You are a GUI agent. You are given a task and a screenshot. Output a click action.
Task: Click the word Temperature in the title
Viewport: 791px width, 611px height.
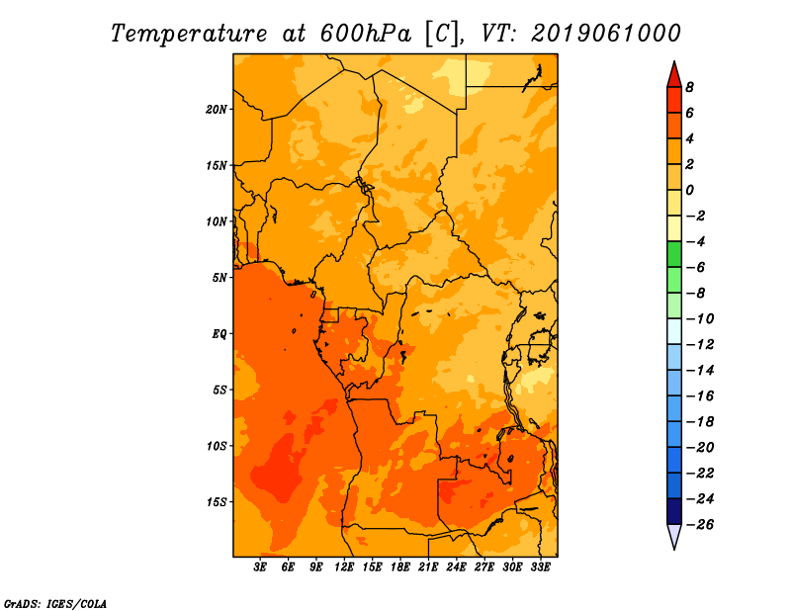point(189,34)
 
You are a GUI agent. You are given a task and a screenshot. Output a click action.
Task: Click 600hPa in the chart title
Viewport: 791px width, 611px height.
point(365,34)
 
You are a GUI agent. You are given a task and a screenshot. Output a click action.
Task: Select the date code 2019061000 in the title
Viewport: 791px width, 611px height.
point(606,34)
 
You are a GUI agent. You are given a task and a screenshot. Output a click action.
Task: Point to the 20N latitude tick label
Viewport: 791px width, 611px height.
point(216,110)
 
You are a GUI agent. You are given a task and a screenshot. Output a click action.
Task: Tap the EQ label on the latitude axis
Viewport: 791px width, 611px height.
point(220,334)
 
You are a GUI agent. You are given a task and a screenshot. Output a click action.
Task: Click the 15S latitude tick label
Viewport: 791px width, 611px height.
point(217,502)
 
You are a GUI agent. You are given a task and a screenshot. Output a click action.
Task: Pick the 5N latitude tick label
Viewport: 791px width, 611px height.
point(220,278)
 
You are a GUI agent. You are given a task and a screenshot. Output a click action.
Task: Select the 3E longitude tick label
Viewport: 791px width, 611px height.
point(260,567)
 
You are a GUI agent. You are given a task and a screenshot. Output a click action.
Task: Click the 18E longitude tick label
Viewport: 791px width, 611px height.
point(400,567)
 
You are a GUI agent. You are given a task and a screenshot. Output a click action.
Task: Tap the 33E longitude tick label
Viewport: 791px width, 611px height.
point(540,567)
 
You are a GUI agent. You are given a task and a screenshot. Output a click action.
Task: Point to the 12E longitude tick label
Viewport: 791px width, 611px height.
point(343,567)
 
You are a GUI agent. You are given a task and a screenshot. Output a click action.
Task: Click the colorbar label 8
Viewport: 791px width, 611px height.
point(689,87)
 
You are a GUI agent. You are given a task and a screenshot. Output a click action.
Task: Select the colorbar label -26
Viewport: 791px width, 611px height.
point(700,525)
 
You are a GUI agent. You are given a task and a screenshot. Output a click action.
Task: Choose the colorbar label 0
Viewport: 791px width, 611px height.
point(689,190)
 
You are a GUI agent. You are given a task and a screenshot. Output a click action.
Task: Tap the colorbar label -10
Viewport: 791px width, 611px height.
point(700,319)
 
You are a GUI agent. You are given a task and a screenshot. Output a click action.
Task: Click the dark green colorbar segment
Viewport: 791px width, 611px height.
point(674,254)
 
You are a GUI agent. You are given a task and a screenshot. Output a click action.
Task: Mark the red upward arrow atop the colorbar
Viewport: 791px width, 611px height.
point(674,75)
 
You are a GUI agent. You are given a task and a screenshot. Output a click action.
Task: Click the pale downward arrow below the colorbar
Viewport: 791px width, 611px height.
point(674,536)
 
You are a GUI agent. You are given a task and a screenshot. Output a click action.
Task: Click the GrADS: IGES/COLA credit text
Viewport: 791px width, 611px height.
point(55,604)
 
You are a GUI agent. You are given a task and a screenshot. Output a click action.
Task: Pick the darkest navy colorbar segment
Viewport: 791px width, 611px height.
point(674,511)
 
